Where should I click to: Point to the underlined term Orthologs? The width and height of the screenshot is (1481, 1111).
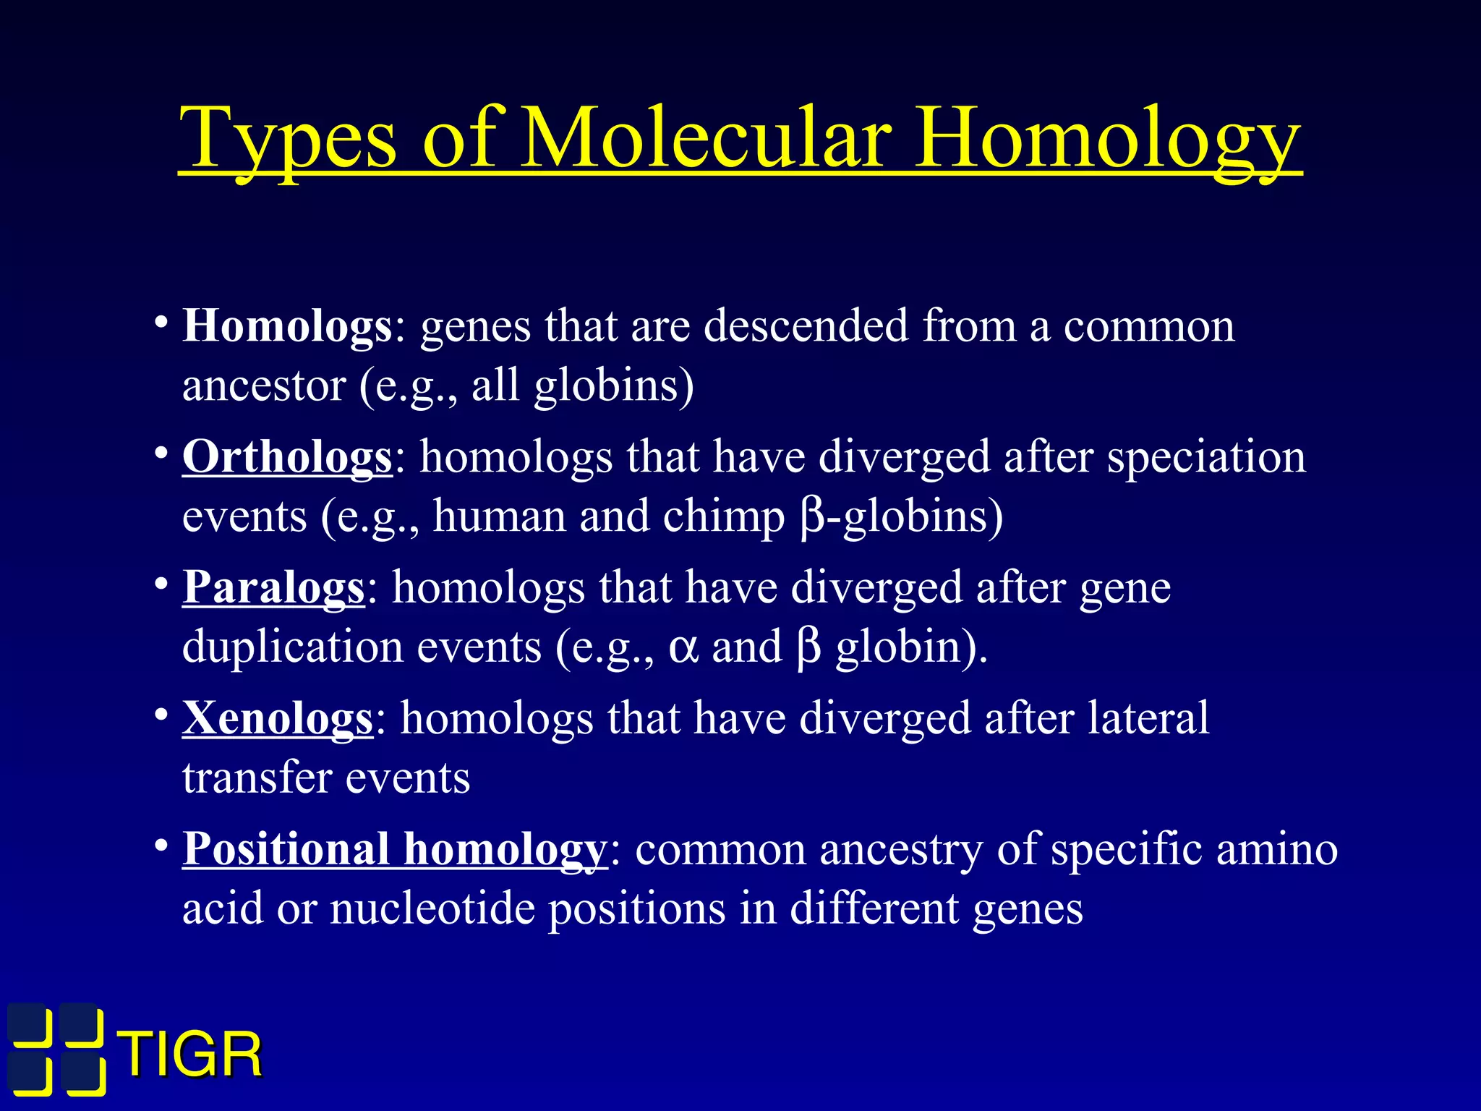click(x=287, y=457)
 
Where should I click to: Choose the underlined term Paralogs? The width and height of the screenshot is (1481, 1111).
click(x=273, y=587)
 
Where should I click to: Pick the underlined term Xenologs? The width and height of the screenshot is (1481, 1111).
click(x=278, y=718)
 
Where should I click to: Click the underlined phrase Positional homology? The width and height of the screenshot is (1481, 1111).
click(x=394, y=848)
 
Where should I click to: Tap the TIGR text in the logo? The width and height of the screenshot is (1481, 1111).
click(x=192, y=1055)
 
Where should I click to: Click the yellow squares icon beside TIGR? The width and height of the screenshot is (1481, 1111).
click(x=56, y=1049)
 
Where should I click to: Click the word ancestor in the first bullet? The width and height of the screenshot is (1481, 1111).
click(x=264, y=386)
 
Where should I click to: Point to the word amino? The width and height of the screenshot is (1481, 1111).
click(x=1277, y=848)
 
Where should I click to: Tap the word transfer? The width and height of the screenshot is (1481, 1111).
click(x=256, y=778)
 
